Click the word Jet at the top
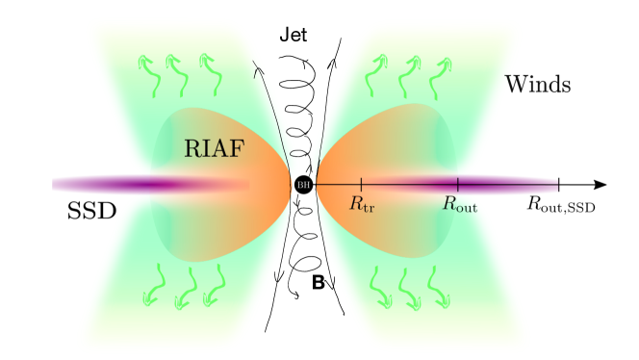tap(296, 37)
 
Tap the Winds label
tap(538, 85)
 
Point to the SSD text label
tap(91, 212)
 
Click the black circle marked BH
tap(304, 185)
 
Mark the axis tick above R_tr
tap(361, 184)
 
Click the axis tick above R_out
tap(458, 184)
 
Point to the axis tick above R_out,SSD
tap(559, 184)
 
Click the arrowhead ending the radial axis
tap(600, 184)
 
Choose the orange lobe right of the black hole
tap(375, 154)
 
